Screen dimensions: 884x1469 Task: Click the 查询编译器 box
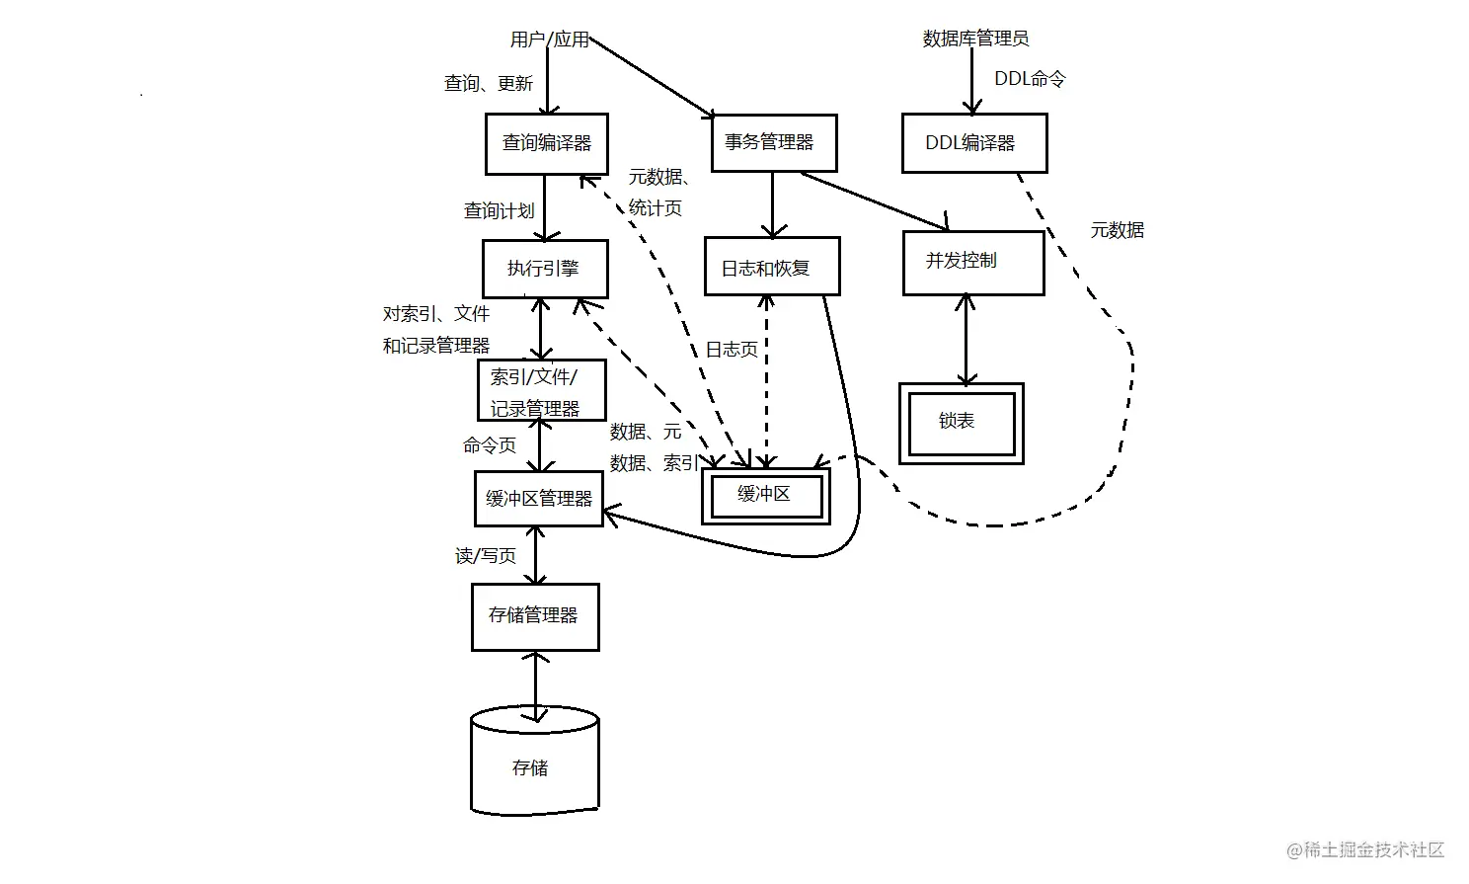click(546, 144)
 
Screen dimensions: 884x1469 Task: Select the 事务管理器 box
click(774, 143)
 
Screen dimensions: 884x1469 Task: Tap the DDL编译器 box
click(973, 143)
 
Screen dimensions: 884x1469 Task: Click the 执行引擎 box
click(545, 269)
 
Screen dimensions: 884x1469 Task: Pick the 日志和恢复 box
click(771, 267)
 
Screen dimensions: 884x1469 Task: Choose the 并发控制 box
click(972, 263)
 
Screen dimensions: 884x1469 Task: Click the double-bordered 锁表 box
click(961, 423)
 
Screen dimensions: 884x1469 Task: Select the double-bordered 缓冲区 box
click(765, 495)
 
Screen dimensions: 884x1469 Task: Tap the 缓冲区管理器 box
click(538, 499)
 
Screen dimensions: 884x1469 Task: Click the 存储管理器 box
click(534, 616)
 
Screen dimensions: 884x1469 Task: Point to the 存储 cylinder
click(534, 766)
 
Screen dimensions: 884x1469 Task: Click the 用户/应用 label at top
click(549, 40)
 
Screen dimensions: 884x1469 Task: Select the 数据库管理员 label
click(975, 39)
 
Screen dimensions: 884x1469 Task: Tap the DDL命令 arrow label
click(1029, 79)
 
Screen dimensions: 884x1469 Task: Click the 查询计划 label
click(499, 211)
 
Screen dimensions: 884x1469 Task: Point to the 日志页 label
click(731, 350)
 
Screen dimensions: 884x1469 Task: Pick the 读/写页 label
click(485, 557)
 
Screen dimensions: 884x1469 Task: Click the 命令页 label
click(489, 445)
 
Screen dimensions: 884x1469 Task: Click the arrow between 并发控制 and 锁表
click(966, 340)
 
